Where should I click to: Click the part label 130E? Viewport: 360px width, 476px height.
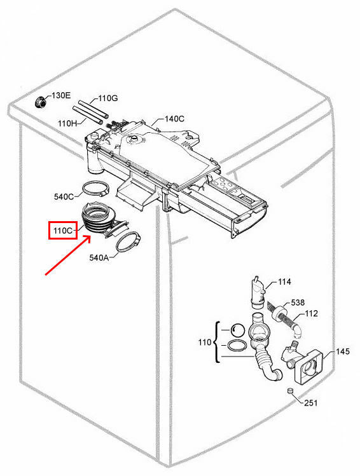coord(61,95)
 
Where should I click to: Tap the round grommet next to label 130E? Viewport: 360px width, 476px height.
coord(40,101)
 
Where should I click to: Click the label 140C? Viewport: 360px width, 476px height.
coord(174,119)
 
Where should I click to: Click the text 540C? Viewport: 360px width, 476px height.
coord(64,197)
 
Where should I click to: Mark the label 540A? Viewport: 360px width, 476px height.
coord(101,259)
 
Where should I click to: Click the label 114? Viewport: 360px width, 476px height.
coord(284,282)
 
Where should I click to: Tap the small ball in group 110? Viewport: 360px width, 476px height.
coord(237,330)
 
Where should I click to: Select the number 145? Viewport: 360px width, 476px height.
coord(343,351)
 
